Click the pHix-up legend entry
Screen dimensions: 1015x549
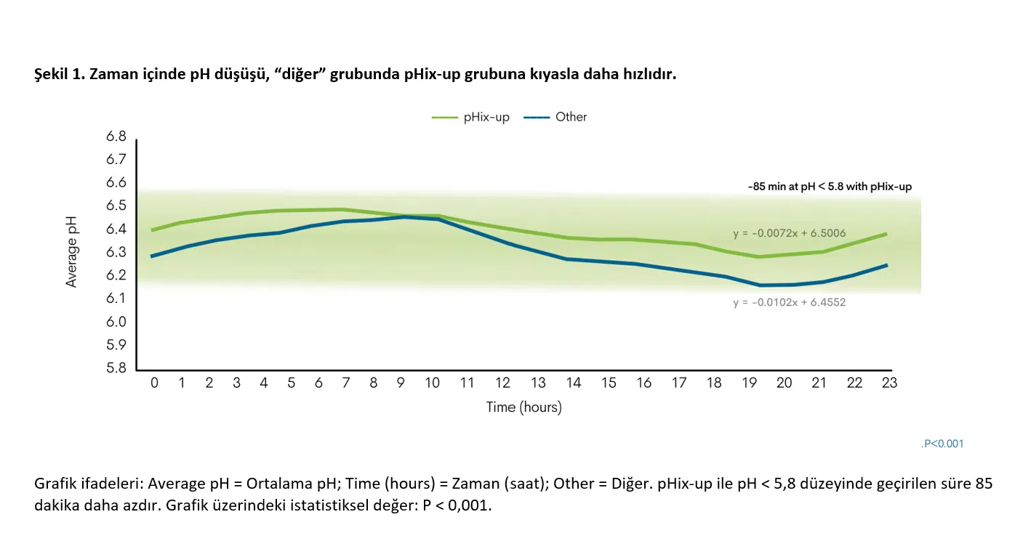[x=470, y=117]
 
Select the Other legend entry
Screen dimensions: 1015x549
[x=555, y=117]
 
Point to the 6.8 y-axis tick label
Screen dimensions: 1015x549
[x=116, y=137]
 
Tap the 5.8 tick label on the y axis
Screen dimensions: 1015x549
[x=116, y=367]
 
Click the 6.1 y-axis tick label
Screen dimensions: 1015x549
[x=116, y=298]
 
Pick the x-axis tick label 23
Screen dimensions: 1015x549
[x=889, y=383]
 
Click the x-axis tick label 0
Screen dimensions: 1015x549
[x=155, y=383]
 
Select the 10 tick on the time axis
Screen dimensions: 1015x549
[x=432, y=383]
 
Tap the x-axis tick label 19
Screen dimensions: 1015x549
[x=749, y=383]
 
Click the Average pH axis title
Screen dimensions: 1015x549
[x=71, y=252]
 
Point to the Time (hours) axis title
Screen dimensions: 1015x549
[x=523, y=407]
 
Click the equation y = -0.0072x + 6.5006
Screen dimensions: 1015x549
[x=790, y=233]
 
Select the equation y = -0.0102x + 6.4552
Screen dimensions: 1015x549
[x=790, y=302]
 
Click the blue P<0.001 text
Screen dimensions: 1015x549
[x=942, y=444]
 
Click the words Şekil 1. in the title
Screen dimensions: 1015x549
[x=60, y=74]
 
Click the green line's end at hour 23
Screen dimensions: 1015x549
[x=886, y=234]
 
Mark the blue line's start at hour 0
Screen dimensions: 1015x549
[x=152, y=256]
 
